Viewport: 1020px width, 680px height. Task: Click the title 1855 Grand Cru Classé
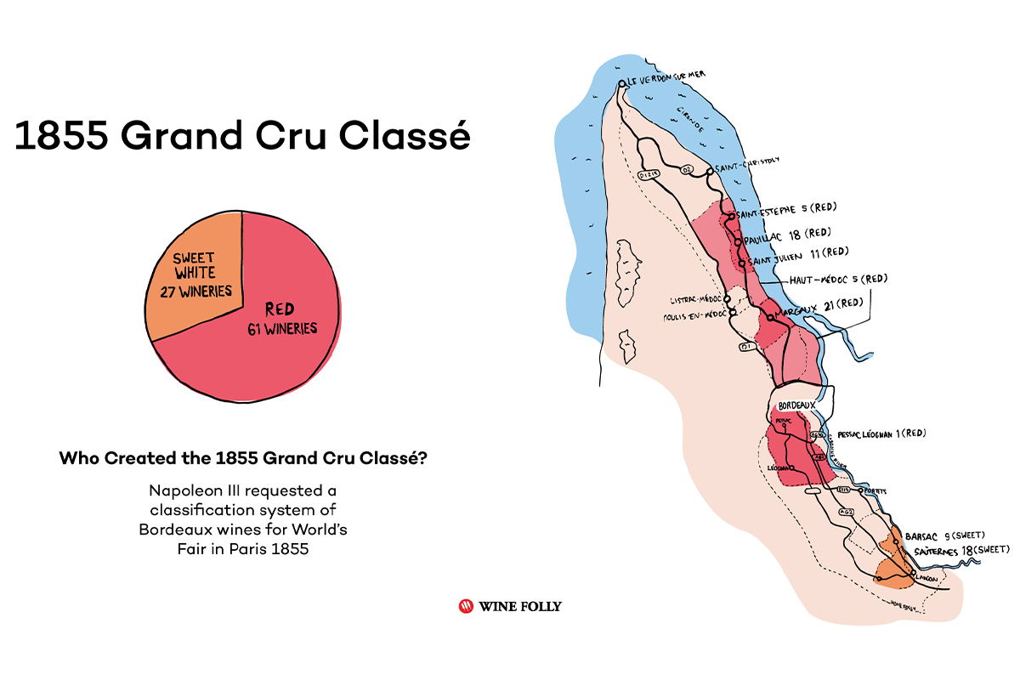[242, 135]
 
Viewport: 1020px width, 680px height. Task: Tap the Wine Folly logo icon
[466, 606]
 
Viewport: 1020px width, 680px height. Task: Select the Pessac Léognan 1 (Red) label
[881, 433]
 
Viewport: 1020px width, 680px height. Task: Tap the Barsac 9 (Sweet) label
[944, 536]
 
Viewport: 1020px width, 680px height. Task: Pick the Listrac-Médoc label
[696, 299]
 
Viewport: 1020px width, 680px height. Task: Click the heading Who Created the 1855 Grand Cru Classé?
[243, 458]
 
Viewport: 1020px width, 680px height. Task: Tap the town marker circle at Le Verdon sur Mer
[622, 83]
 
